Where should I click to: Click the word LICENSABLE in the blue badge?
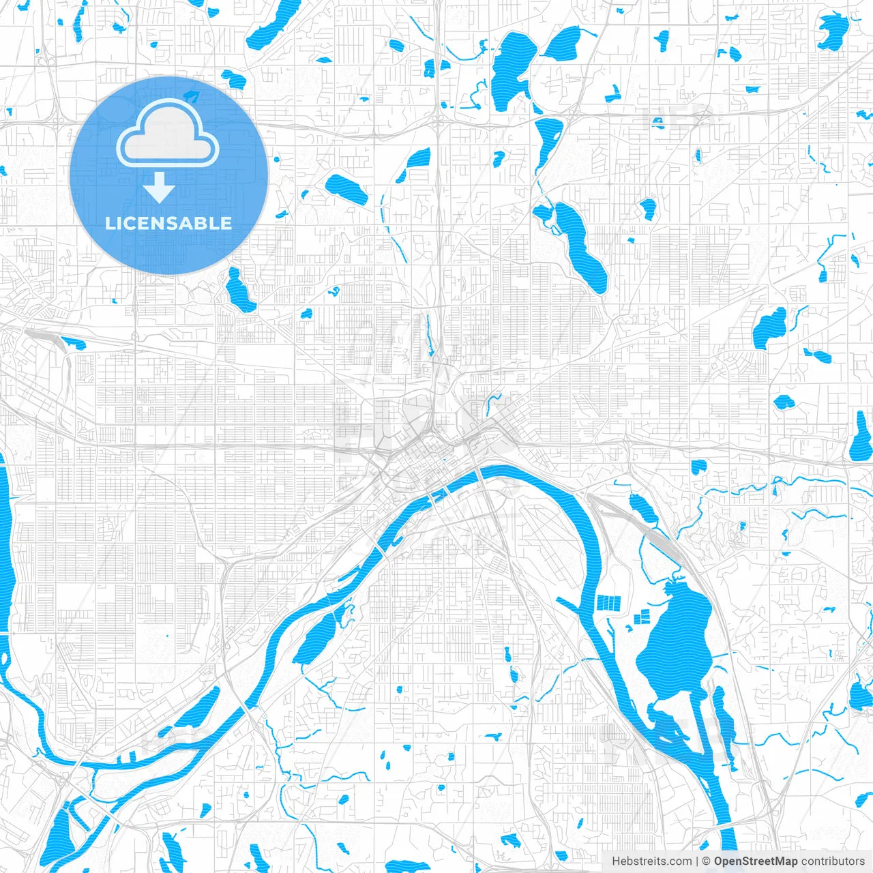click(x=168, y=223)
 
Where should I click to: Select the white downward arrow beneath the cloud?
click(x=160, y=188)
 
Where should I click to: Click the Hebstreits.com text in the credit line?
click(x=651, y=861)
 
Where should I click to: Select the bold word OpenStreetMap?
click(x=756, y=861)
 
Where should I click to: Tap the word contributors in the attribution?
click(x=833, y=861)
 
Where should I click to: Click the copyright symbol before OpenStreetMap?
click(x=707, y=861)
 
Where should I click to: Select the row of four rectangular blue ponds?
click(x=609, y=602)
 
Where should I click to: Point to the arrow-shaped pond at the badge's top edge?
click(x=193, y=96)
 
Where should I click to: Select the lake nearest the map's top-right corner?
click(x=833, y=31)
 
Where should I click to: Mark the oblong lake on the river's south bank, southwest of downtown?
click(x=317, y=638)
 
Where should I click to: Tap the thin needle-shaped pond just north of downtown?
click(x=429, y=336)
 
